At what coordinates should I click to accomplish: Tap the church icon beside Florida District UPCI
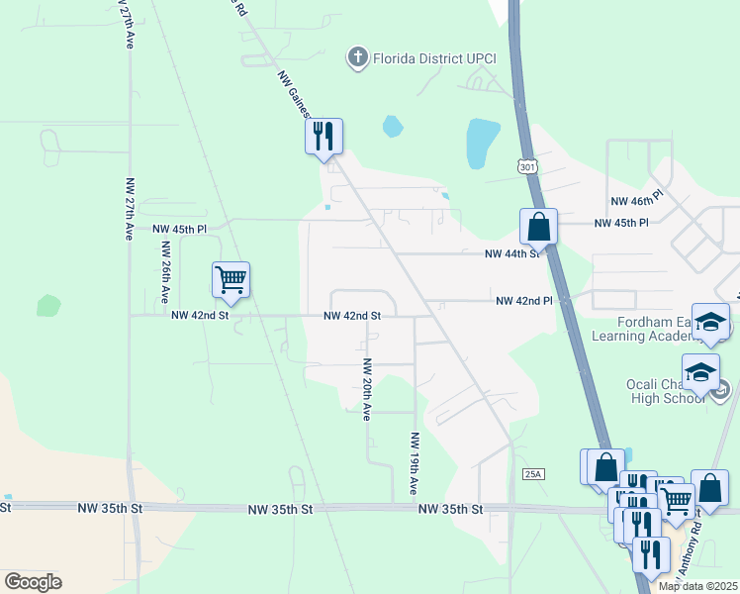[357, 57]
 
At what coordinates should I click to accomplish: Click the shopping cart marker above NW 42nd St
[231, 280]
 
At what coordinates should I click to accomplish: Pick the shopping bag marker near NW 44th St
[538, 227]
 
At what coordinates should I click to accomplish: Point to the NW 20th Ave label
[366, 390]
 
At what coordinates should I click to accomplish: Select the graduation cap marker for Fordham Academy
[710, 323]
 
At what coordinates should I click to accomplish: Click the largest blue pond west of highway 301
[482, 142]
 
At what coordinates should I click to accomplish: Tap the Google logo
[33, 582]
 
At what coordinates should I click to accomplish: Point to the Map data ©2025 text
[697, 586]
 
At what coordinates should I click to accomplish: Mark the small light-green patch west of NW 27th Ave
[48, 305]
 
